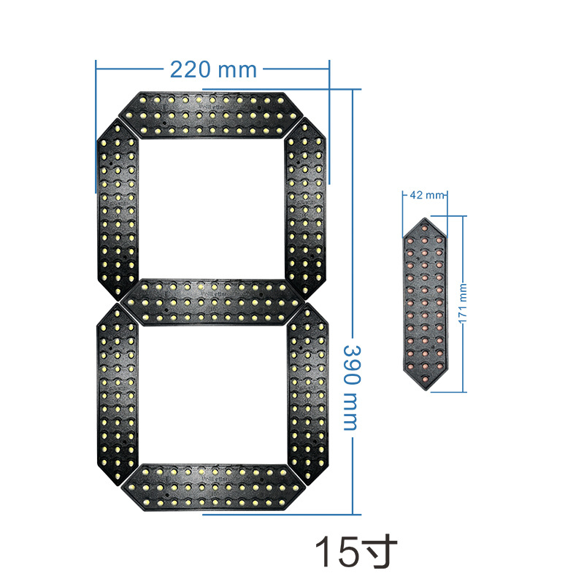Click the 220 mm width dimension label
pyautogui.click(x=213, y=69)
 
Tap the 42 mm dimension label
pyautogui.click(x=425, y=195)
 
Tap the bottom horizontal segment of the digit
pyautogui.click(x=212, y=486)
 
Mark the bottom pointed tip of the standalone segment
pyautogui.click(x=424, y=385)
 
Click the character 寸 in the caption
pyautogui.click(x=380, y=552)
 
